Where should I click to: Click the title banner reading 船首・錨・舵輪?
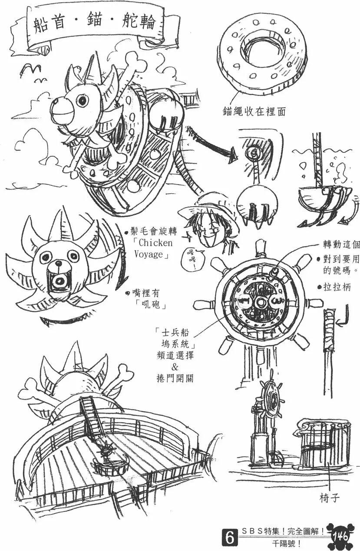95,23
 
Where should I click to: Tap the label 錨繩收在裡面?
254,112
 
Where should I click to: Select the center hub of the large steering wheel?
260,301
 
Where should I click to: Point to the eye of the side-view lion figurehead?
83,100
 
